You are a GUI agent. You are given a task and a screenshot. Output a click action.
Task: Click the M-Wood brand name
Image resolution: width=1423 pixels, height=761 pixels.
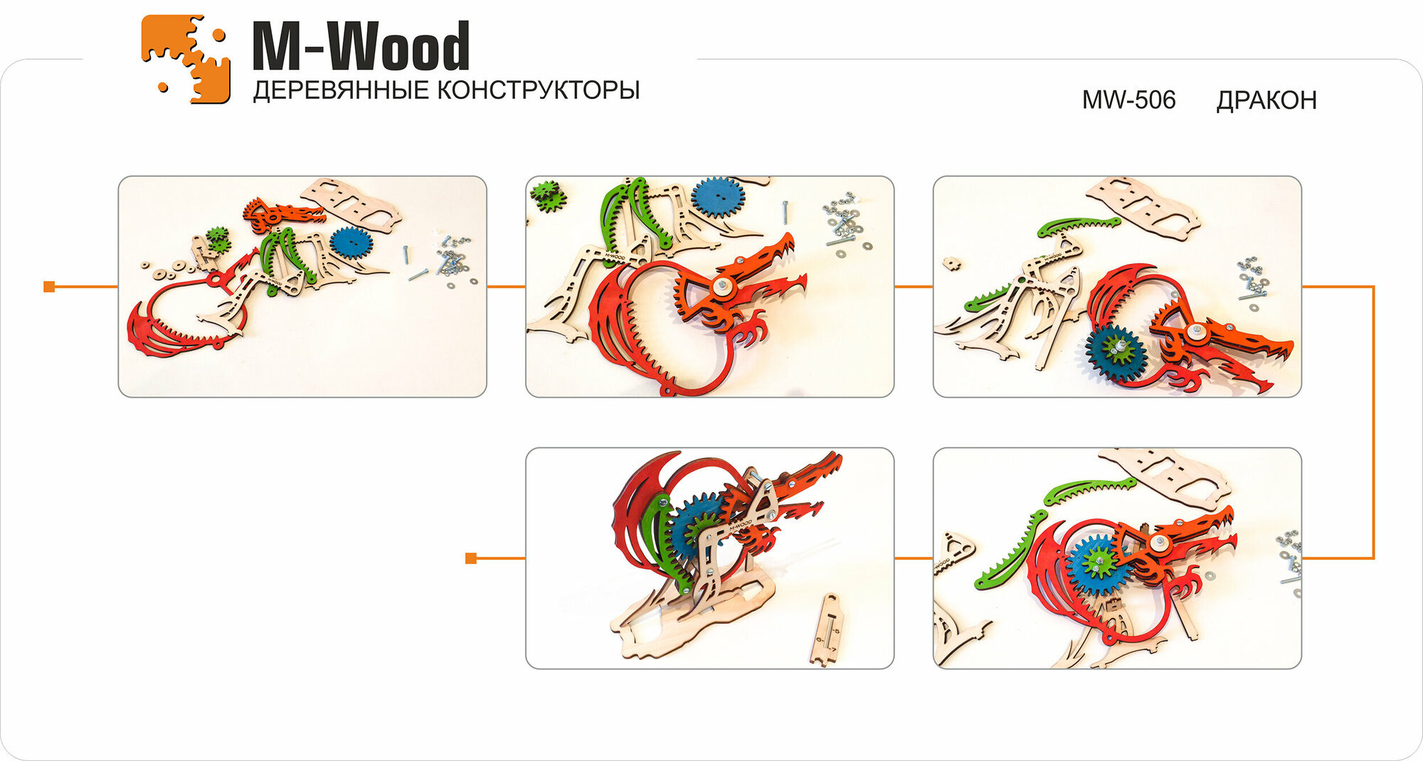pyautogui.click(x=361, y=46)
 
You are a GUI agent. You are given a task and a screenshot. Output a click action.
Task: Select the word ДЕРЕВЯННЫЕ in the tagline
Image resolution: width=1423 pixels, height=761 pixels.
pyautogui.click(x=341, y=91)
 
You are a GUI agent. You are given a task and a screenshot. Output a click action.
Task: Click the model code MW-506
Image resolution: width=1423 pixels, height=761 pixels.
pyautogui.click(x=1128, y=100)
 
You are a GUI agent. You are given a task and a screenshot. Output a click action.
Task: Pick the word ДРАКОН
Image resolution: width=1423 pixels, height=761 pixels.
pyautogui.click(x=1266, y=100)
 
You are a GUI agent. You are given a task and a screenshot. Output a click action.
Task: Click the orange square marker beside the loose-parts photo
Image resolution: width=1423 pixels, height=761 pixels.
pyautogui.click(x=49, y=287)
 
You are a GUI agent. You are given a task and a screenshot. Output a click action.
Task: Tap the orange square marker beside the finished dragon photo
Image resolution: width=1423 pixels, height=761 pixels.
pyautogui.click(x=470, y=558)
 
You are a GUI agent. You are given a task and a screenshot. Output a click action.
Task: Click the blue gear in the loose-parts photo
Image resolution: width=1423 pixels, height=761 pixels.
pyautogui.click(x=351, y=244)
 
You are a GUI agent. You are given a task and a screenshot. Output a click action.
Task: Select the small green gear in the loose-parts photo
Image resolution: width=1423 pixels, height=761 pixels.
pyautogui.click(x=218, y=240)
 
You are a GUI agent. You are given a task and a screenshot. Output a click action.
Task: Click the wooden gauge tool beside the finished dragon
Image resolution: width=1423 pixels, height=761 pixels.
pyautogui.click(x=827, y=629)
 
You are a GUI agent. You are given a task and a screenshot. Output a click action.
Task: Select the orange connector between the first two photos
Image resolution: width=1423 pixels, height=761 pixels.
pyautogui.click(x=506, y=287)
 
